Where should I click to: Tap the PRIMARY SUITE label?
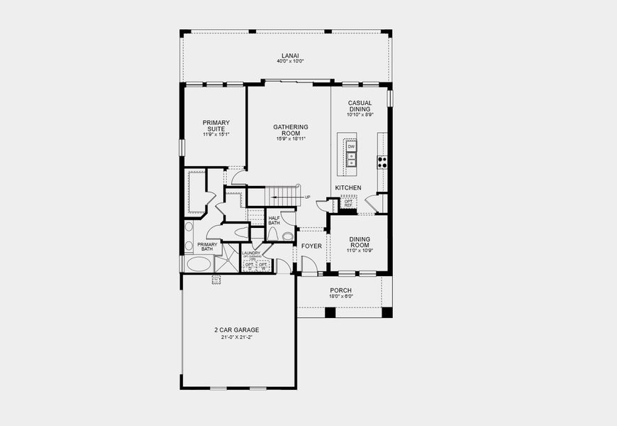coord(216,125)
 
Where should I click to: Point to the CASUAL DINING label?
coord(360,105)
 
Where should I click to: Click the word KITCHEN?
coord(348,188)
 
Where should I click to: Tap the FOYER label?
coord(311,246)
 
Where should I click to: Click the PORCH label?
coord(340,290)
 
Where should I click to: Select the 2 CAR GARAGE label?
coord(237,330)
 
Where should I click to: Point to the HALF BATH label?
coord(274,220)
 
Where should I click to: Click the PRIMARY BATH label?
coord(207,246)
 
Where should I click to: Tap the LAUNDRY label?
coord(251,253)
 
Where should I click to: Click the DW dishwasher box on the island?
coord(351,146)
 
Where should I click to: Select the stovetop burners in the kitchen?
coord(382,161)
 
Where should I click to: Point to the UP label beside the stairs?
coord(307,197)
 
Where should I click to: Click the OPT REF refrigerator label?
coord(348,203)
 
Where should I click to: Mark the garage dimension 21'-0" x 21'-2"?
coord(237,337)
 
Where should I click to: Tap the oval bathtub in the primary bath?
coord(199,264)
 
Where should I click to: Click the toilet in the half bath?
coord(287,236)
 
